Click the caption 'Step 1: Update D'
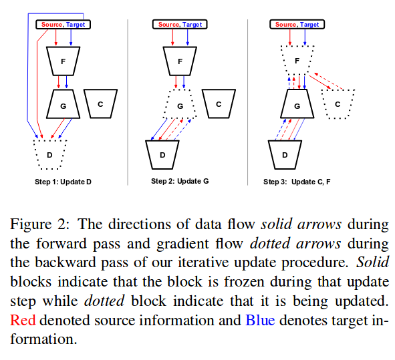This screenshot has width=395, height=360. click(x=63, y=182)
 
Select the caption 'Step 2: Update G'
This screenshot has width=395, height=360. click(x=180, y=181)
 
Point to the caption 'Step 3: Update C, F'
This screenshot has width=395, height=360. click(x=297, y=182)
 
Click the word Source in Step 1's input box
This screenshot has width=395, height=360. click(x=51, y=25)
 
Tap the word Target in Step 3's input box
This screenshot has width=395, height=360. click(x=309, y=25)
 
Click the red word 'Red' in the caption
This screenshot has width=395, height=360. click(x=23, y=320)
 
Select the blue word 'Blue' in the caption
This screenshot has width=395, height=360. click(x=260, y=320)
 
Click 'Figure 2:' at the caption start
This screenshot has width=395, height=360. click(x=39, y=224)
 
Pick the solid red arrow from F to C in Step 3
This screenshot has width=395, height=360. click(x=319, y=81)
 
